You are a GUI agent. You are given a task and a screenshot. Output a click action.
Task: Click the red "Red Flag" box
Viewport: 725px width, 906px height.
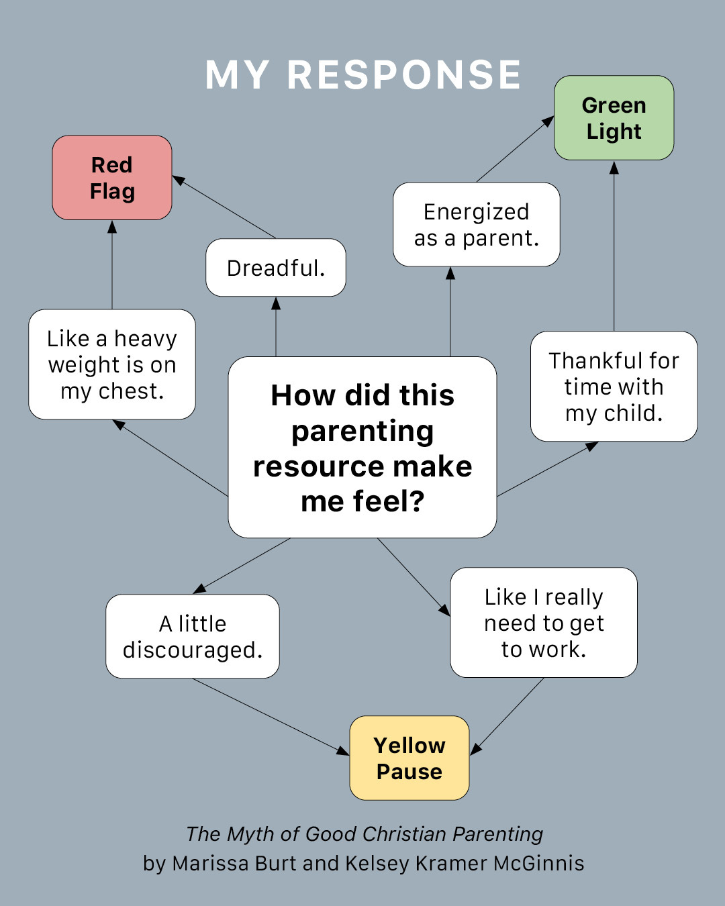click(x=112, y=178)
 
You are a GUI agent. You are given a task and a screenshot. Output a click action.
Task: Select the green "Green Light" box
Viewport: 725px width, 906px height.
click(x=614, y=118)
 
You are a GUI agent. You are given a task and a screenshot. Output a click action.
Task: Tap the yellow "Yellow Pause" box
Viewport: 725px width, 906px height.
click(x=409, y=758)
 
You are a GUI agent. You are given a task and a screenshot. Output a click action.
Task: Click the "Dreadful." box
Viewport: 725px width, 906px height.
click(x=276, y=268)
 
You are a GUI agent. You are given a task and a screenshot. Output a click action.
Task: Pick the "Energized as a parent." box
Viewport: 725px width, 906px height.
click(x=477, y=225)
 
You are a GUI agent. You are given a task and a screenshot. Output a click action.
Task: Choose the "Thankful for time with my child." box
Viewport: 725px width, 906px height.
click(x=614, y=387)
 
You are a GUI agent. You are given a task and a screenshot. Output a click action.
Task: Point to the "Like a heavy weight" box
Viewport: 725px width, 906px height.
click(x=112, y=364)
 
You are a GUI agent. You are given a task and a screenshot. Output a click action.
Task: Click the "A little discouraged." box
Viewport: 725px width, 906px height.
click(x=193, y=636)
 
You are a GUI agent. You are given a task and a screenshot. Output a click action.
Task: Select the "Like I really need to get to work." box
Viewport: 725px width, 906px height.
click(x=544, y=623)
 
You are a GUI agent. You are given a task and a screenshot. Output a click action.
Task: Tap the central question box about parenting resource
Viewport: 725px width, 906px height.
click(x=362, y=448)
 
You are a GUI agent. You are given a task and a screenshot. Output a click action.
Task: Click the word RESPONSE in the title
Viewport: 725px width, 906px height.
click(x=404, y=74)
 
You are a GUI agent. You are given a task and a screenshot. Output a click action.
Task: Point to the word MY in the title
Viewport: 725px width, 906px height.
click(x=237, y=74)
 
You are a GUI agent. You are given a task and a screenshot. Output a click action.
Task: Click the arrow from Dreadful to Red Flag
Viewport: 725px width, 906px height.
click(x=225, y=207)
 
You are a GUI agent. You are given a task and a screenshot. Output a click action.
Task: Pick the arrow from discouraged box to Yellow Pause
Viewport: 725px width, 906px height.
click(x=269, y=716)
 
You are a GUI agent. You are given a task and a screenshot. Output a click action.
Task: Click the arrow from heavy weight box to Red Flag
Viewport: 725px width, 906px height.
click(x=112, y=264)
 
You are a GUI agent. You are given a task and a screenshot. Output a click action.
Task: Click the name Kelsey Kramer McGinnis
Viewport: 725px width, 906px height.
click(x=465, y=863)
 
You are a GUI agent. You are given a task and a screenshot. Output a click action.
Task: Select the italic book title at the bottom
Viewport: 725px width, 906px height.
click(x=364, y=834)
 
